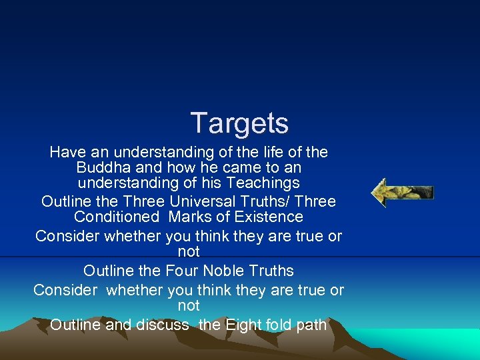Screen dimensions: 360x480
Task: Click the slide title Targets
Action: [x=239, y=123]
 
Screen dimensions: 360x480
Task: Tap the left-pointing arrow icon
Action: [x=402, y=193]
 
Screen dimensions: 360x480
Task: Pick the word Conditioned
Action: [x=117, y=217]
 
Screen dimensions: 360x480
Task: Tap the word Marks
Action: [x=191, y=217]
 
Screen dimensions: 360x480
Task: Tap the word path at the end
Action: [x=312, y=325]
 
